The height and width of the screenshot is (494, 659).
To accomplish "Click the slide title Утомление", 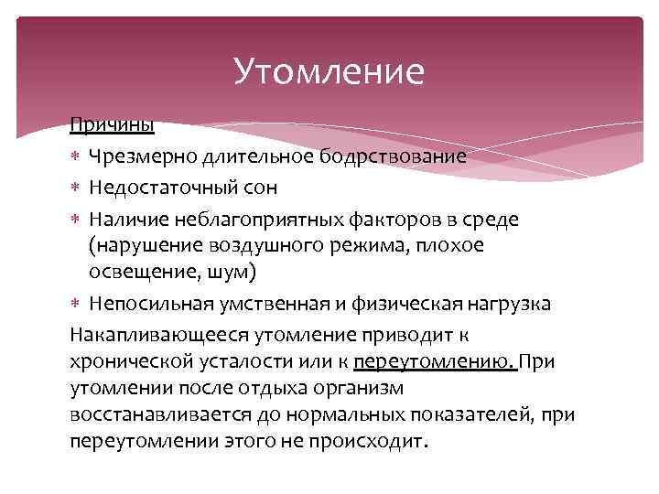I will coord(329,71).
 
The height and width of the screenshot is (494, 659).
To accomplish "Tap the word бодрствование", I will coord(404,157).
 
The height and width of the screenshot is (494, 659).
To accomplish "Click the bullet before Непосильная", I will coord(77,305).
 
